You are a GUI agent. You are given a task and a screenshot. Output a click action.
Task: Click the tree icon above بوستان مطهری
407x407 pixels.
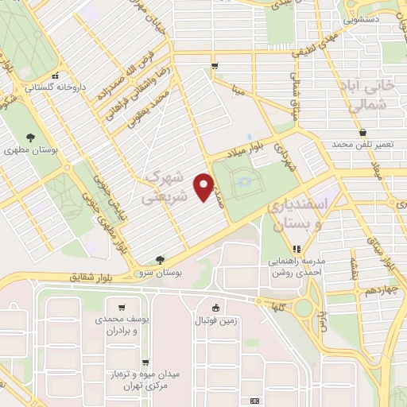30,137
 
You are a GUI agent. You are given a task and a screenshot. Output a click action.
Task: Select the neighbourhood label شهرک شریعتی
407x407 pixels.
168,185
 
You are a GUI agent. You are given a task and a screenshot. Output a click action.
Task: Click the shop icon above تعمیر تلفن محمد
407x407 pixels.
363,132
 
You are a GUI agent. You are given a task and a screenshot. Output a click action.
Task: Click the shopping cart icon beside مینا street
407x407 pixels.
214,66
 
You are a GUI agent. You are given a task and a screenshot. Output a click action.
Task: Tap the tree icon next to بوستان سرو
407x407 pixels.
161,260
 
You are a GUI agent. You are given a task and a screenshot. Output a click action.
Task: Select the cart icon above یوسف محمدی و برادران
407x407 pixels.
121,308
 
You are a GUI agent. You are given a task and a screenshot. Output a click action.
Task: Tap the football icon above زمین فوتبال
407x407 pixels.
215,308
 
